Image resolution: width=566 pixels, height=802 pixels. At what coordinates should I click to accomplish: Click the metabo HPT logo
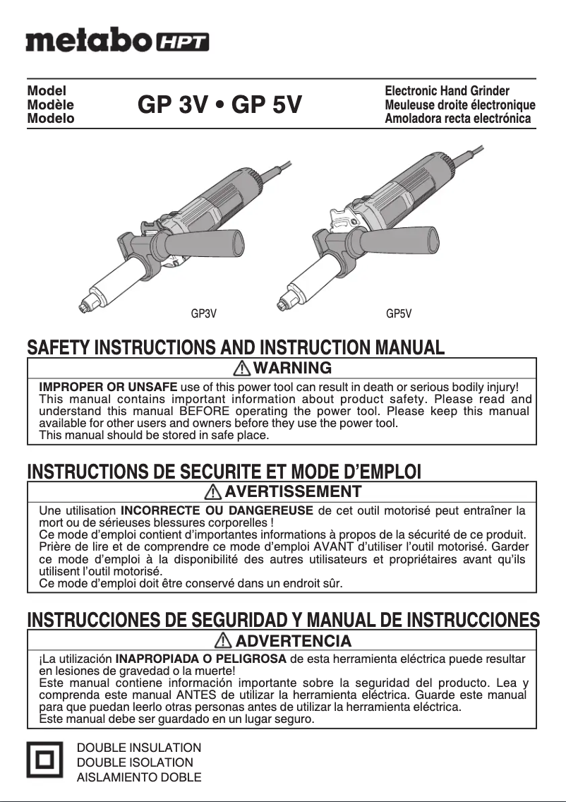pos(117,40)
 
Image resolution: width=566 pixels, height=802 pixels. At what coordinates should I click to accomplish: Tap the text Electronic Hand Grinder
pos(447,91)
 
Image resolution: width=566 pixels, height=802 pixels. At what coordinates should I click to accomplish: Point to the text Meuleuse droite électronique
pos(459,105)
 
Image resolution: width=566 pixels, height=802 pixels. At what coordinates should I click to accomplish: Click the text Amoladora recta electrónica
pos(457,119)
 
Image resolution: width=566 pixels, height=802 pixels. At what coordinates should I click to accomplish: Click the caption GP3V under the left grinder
pos(204,313)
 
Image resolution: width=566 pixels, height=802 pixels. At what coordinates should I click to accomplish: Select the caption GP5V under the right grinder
pos(399,313)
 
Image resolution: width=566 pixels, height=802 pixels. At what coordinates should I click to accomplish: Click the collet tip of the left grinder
pos(84,306)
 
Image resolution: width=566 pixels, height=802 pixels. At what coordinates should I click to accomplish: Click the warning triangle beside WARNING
pos(241,368)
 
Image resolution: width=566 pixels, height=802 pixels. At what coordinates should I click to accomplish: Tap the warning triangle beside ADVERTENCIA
pos(224,641)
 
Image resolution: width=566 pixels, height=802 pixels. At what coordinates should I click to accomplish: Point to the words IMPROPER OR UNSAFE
pos(108,388)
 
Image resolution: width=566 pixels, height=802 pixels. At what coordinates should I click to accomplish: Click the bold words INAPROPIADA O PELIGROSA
pos(200,659)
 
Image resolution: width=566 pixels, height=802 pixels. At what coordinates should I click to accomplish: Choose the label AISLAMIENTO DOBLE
pos(138,777)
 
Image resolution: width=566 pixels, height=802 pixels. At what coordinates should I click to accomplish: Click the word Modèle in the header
pos(50,105)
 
